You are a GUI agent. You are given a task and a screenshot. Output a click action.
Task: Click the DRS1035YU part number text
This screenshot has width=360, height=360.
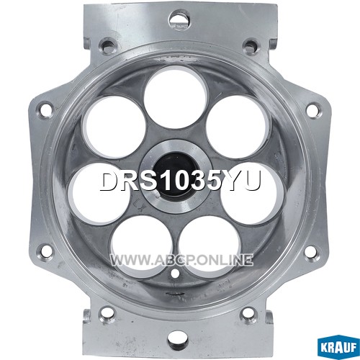(x=180, y=181)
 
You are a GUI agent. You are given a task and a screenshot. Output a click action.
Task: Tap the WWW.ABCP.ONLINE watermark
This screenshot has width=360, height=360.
(x=181, y=260)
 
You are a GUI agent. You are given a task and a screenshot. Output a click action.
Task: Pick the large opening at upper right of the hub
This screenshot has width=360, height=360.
(x=237, y=127)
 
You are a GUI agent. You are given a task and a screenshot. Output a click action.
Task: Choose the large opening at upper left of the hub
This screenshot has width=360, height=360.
(x=113, y=127)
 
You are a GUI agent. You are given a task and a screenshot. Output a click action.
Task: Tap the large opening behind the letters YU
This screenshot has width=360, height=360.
(x=252, y=192)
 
